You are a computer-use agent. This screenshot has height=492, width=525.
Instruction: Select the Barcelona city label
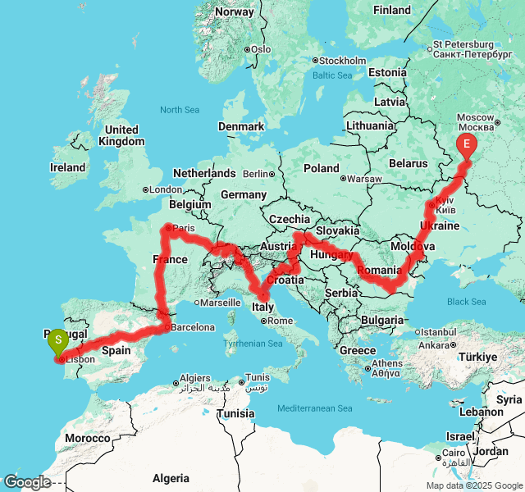coord(194,327)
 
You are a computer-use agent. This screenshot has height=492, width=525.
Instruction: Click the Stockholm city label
coord(342,61)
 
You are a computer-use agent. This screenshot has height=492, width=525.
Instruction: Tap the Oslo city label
coord(260,49)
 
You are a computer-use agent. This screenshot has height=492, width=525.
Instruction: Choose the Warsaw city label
coord(365,179)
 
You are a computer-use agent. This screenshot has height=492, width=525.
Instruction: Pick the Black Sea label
coord(467,302)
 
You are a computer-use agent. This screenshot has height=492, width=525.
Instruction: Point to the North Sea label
coord(180,110)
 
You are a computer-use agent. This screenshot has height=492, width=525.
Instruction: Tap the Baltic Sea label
coord(332,75)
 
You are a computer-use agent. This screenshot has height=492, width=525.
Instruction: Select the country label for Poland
coord(321,168)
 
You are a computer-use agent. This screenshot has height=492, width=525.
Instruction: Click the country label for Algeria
coord(171,478)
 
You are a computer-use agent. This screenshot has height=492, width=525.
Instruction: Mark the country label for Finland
coord(391,10)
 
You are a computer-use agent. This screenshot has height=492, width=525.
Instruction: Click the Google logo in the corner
coord(26,482)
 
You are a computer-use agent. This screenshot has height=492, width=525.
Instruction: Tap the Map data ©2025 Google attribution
coord(474,485)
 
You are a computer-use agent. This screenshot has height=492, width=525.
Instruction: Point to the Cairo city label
coord(455,452)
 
